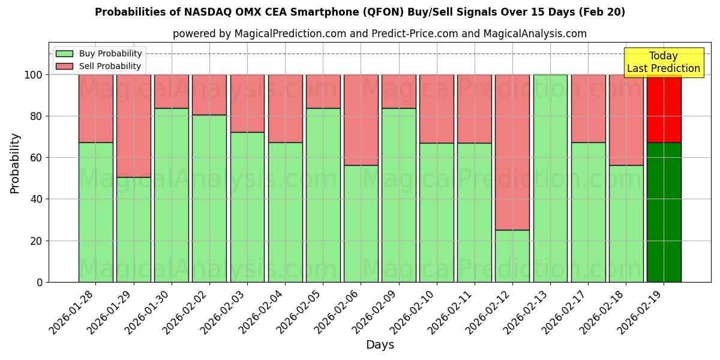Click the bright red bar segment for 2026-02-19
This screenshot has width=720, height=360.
click(664, 108)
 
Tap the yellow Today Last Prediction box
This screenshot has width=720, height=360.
click(663, 62)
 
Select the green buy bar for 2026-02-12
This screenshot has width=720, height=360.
click(512, 256)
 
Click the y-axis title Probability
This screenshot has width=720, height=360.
click(15, 163)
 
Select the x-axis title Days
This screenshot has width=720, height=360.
click(380, 345)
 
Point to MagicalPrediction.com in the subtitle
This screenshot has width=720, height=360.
click(290, 34)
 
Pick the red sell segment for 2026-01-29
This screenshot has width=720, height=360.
click(133, 126)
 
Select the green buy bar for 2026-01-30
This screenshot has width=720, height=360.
click(171, 195)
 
